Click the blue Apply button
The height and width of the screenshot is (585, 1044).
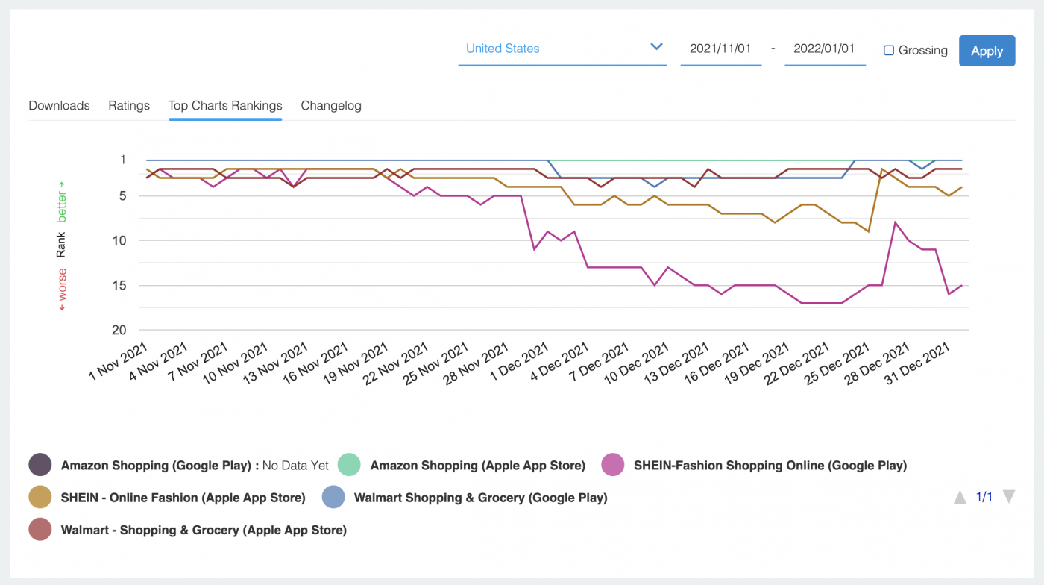tap(987, 51)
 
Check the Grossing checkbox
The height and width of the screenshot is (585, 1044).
tap(889, 50)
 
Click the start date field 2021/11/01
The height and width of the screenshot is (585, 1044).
tap(720, 49)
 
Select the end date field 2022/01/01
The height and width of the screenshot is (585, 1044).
tap(824, 49)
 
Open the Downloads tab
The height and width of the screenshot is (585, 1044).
tap(59, 105)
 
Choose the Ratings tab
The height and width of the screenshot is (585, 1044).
tap(129, 105)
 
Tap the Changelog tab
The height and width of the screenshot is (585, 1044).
tap(331, 105)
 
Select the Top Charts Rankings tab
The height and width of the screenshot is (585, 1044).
tap(225, 105)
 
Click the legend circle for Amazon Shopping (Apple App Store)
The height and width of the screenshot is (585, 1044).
tap(350, 465)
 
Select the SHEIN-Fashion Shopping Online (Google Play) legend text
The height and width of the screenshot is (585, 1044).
tap(770, 465)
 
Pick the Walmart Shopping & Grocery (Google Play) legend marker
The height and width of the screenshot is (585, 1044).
tap(333, 497)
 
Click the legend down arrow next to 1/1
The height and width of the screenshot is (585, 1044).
tap(1009, 497)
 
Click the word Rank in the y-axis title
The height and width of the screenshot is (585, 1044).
tap(61, 245)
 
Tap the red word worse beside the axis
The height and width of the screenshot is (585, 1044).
tap(61, 285)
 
